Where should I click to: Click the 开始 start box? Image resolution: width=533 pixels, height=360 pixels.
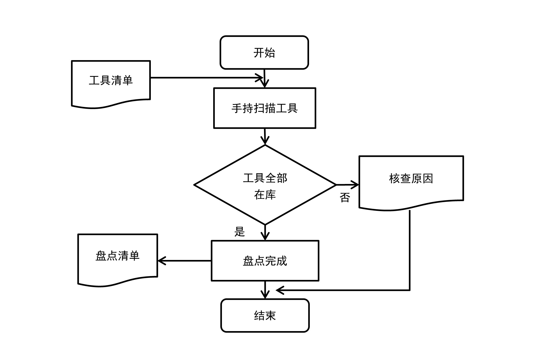click(264, 52)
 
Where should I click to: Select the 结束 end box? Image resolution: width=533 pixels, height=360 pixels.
click(265, 315)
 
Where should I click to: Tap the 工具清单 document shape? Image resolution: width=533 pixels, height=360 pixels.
click(111, 82)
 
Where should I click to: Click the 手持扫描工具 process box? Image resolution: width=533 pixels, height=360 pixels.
click(265, 108)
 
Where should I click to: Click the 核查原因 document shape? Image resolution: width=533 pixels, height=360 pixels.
click(411, 180)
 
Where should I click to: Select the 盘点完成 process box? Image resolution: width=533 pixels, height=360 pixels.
click(265, 261)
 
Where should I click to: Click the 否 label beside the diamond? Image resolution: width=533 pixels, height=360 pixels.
click(345, 198)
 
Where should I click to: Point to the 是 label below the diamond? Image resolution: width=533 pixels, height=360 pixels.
click(240, 232)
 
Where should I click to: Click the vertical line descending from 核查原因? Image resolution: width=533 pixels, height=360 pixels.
click(410, 251)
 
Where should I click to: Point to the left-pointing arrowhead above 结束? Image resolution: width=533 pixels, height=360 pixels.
click(280, 290)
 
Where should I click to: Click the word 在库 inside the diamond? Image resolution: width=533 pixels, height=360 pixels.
click(265, 195)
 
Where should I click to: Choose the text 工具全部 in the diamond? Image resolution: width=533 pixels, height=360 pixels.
click(265, 178)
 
